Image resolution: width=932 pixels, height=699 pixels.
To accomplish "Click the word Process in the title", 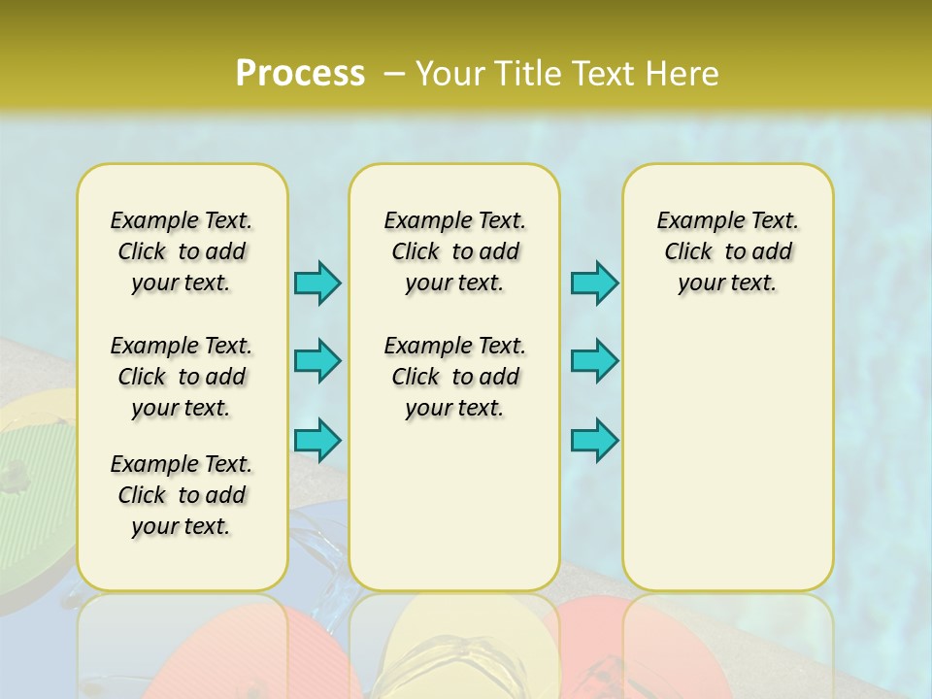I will (300, 74).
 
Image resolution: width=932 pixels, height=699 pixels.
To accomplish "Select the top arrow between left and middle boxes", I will (317, 283).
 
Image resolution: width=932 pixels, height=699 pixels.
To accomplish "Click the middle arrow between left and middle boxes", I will (317, 361).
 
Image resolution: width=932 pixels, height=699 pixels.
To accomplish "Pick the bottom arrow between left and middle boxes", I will (317, 440).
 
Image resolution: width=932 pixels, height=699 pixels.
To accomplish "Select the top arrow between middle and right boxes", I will (594, 283).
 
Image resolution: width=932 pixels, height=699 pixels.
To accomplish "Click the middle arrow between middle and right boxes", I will (594, 361).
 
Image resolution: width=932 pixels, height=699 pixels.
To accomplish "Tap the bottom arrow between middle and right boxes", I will (594, 440).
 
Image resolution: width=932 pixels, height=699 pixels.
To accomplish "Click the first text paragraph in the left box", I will (182, 251).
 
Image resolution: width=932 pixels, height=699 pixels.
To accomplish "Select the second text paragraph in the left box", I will (182, 377).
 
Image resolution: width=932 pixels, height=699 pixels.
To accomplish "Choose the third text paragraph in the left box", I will (182, 495).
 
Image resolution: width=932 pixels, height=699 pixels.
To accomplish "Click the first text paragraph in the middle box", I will (455, 251).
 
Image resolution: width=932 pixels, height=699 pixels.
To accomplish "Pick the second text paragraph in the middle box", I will (455, 377).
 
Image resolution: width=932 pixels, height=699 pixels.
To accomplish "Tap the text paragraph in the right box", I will (728, 251).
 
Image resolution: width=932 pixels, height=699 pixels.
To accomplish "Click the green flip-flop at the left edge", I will (29, 505).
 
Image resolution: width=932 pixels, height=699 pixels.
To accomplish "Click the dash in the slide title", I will (394, 74).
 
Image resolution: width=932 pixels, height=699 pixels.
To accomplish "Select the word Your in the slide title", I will (449, 74).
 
